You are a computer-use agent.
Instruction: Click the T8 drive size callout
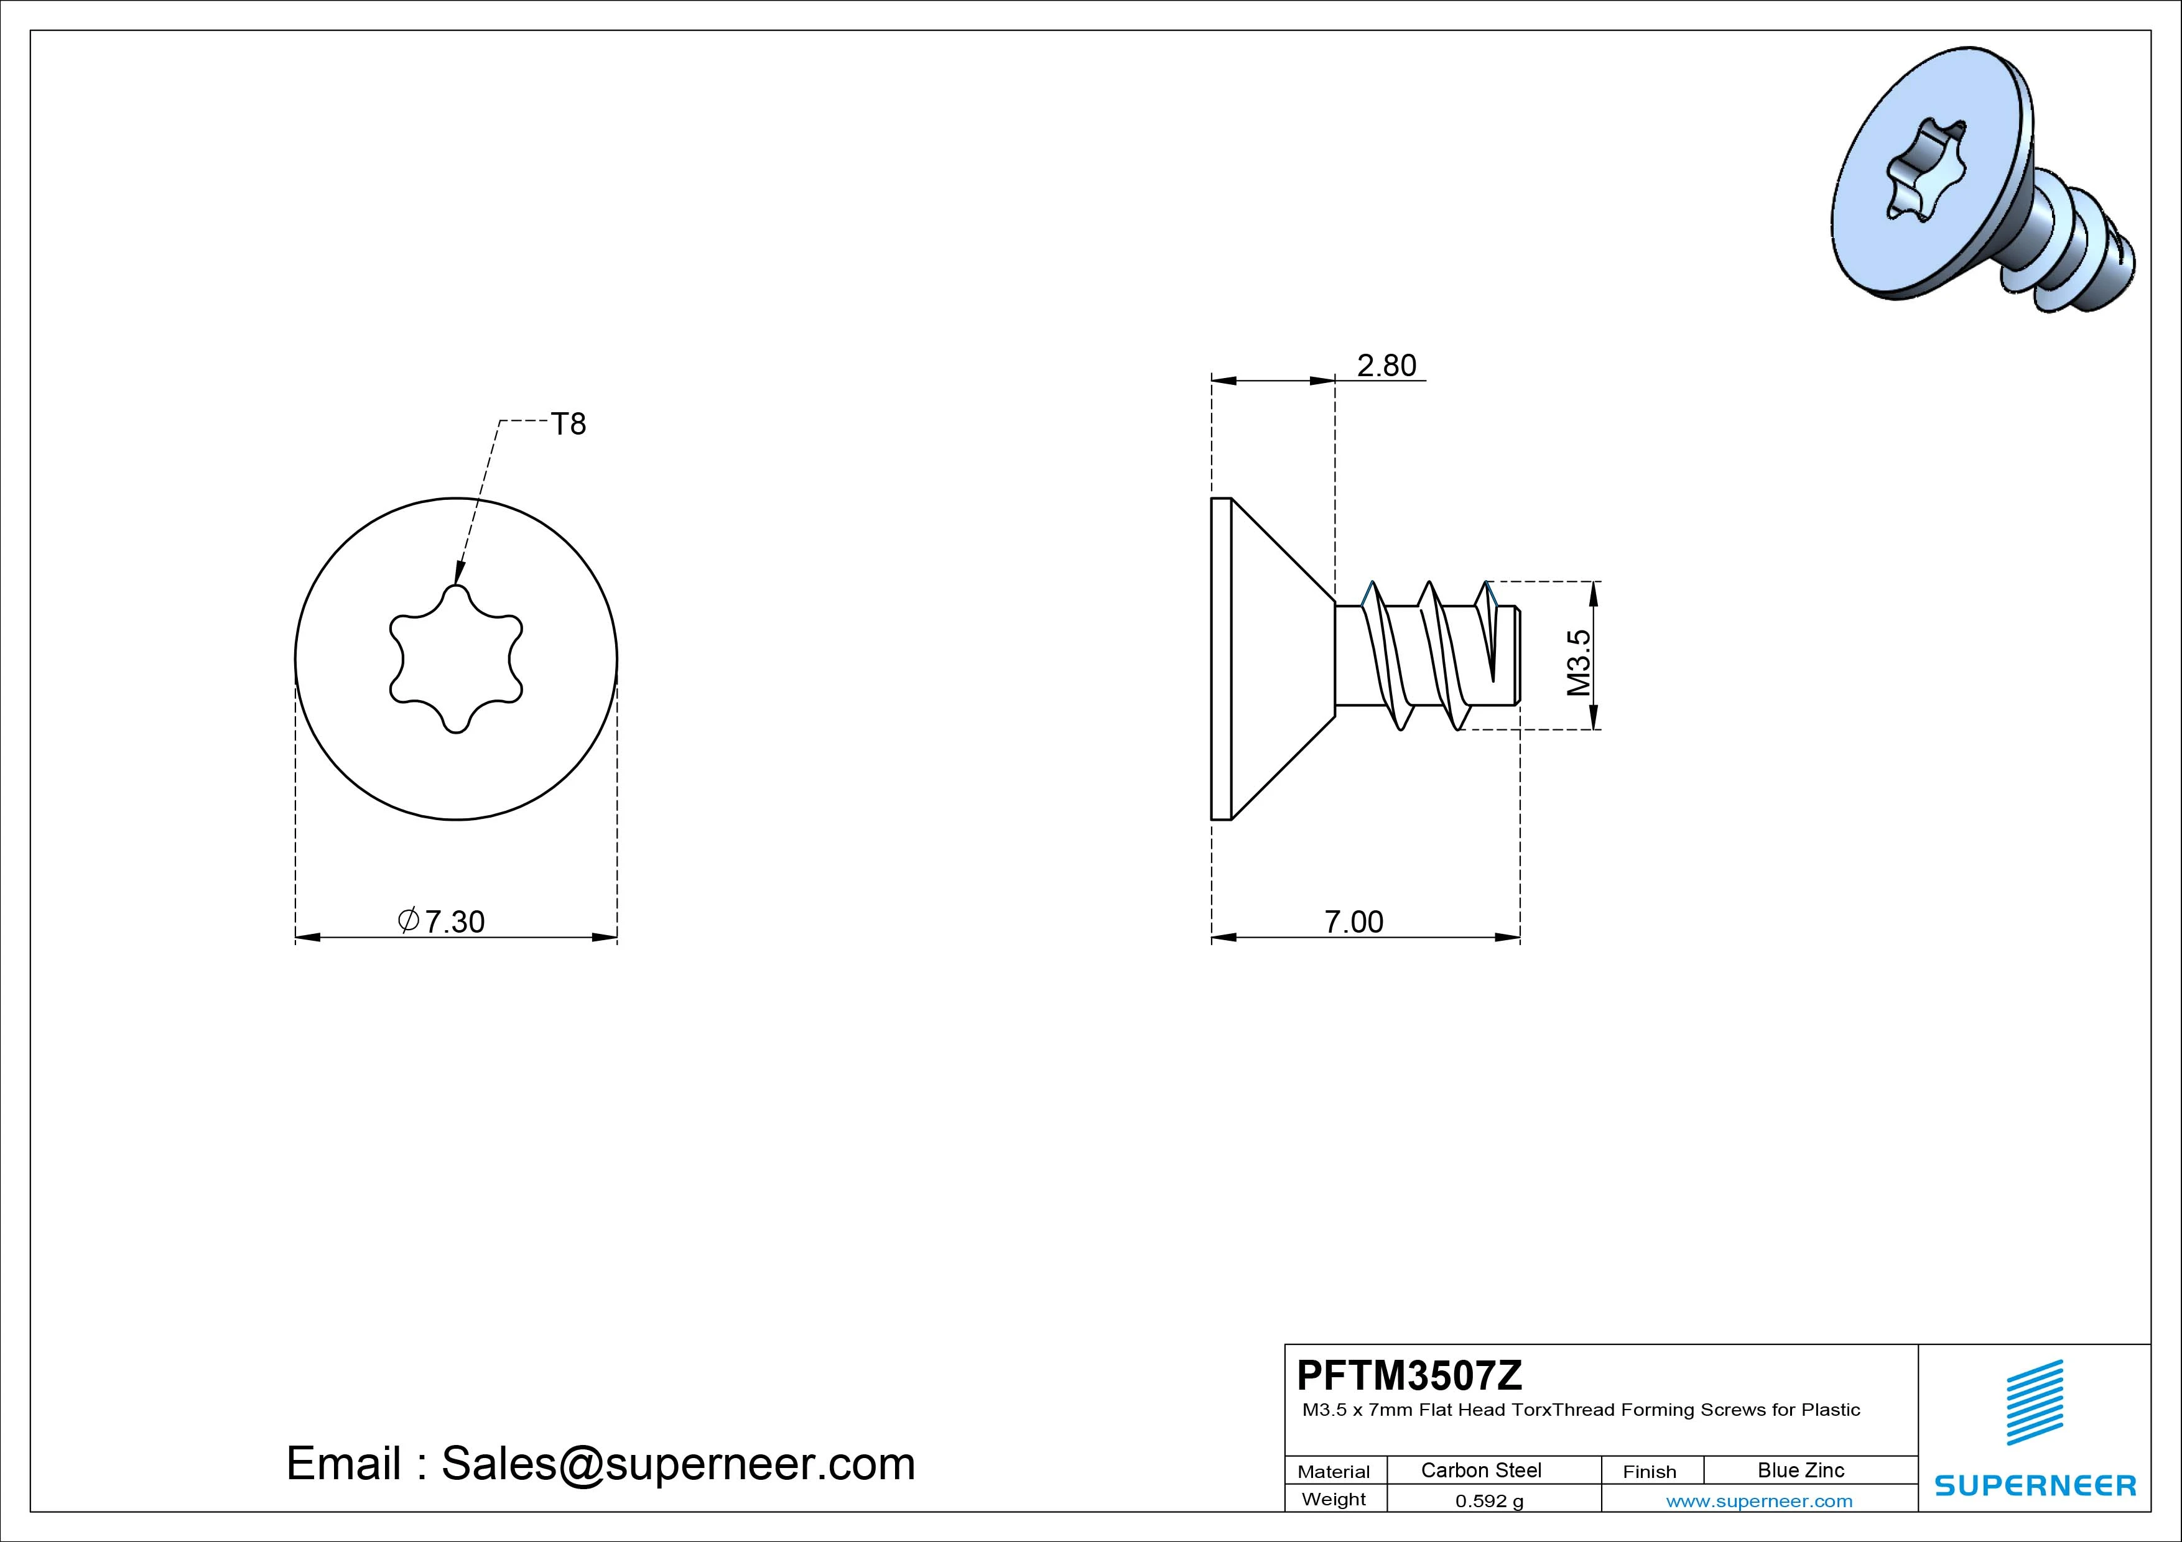(x=569, y=424)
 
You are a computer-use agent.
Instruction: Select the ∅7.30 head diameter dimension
(x=441, y=921)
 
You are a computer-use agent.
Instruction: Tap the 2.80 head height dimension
(x=1386, y=366)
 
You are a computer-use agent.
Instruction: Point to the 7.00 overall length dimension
(x=1354, y=921)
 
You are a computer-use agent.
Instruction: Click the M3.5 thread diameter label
(x=1579, y=662)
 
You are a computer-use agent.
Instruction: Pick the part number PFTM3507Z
(x=1409, y=1375)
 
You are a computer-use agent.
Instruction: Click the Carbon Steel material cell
(x=1480, y=1470)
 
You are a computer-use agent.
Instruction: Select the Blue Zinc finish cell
(x=1801, y=1470)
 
